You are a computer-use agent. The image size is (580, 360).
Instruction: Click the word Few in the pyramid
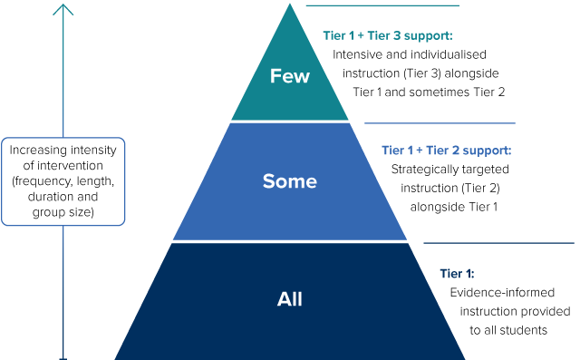290,76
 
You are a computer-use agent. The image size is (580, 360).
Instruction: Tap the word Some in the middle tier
290,181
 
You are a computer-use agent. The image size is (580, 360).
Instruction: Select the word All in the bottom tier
290,299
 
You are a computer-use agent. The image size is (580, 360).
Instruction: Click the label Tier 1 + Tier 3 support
387,35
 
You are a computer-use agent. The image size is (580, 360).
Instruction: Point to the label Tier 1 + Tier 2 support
446,150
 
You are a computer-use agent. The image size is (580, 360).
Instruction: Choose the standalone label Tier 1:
457,273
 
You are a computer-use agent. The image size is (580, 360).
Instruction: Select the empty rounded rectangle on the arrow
63,181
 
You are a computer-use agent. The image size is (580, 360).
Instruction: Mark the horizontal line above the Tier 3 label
382,5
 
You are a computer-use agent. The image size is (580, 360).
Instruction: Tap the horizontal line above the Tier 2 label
440,123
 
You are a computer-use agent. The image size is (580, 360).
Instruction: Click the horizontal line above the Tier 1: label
498,243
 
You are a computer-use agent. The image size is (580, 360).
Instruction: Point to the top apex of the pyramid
290,5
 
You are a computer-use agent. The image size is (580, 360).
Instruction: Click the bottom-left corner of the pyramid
116,357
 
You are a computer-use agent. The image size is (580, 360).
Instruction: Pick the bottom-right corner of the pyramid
464,357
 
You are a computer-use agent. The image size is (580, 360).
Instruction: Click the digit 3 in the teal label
397,35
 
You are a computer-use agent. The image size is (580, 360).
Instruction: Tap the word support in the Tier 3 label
428,35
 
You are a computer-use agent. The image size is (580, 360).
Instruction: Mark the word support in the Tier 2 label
487,150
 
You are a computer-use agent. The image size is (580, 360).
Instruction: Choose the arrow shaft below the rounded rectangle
63,290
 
